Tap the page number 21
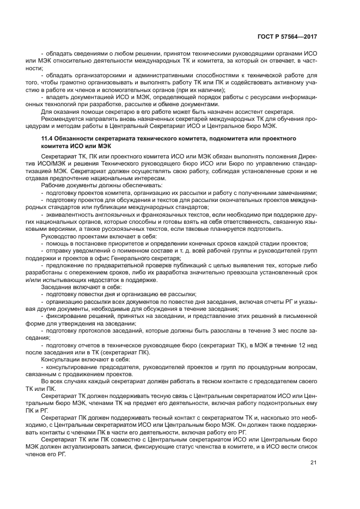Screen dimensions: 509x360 point(313,463)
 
